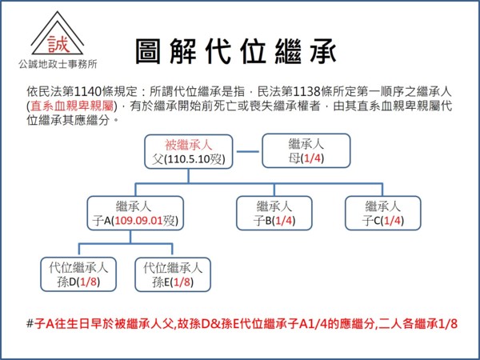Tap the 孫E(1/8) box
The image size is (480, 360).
coord(174,274)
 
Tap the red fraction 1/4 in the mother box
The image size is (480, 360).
coord(314,158)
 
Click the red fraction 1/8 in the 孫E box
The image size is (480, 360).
coord(180,282)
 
